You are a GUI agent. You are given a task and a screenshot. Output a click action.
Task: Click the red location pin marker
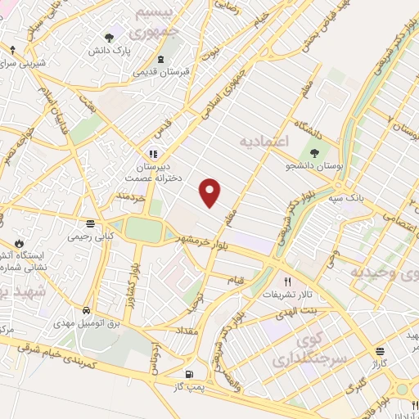click(x=210, y=192)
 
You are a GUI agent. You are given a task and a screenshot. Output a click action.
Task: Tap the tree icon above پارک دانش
click(x=110, y=37)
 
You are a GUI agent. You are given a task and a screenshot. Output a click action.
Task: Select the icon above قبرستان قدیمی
click(x=161, y=58)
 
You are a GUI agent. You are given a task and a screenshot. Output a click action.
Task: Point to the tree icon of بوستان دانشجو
click(x=313, y=153)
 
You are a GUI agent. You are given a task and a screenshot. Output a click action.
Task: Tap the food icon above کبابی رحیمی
click(x=89, y=223)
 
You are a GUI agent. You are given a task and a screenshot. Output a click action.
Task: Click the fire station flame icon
click(x=20, y=244)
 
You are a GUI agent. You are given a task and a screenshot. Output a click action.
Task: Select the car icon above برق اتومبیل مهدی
click(x=87, y=310)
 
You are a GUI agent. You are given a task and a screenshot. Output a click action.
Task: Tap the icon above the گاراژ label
click(x=379, y=349)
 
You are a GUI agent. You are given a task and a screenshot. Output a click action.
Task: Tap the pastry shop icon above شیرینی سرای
click(x=12, y=48)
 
